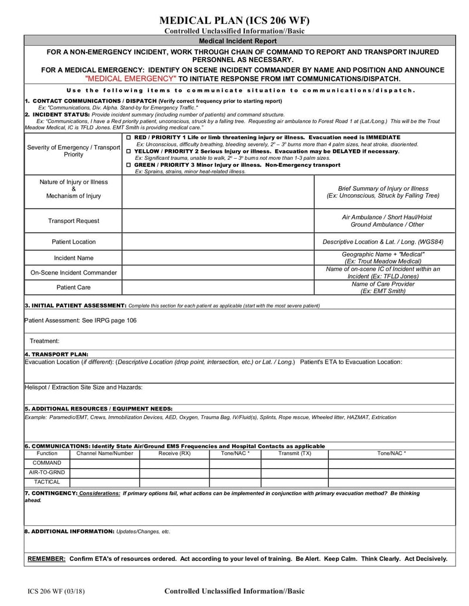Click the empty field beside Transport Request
coord(218,221)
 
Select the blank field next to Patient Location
coord(218,242)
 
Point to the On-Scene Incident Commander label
coord(73,272)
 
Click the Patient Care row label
coord(73,287)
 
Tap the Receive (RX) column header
coord(174,453)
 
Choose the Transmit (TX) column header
coord(294,453)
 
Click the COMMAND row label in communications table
coord(47,463)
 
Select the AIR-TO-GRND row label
coord(47,472)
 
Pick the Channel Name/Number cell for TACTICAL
coord(104,482)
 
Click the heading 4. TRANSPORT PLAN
coord(57,354)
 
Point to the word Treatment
coord(45,341)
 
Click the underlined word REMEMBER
coord(47,559)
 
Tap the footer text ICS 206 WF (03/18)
coord(56,591)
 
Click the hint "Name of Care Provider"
coord(383,284)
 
